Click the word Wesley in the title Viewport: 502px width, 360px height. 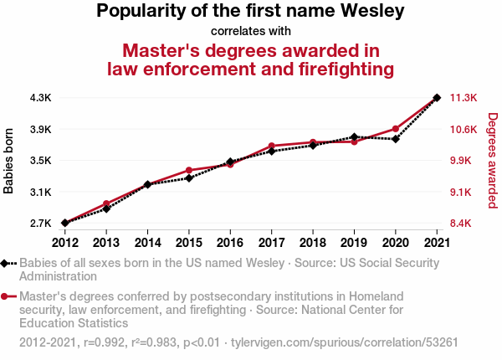point(372,11)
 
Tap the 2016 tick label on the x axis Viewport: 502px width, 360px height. point(230,243)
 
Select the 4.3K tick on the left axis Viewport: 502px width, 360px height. point(41,98)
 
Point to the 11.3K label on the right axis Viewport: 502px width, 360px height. point(464,98)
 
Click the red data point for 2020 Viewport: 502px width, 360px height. point(396,129)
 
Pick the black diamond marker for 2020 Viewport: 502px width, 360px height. point(396,139)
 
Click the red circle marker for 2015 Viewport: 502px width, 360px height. point(189,170)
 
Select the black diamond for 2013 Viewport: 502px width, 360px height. point(106,208)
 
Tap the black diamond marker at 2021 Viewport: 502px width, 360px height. point(437,98)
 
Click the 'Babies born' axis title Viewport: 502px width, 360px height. point(8,161)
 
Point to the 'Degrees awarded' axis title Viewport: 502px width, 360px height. point(493,161)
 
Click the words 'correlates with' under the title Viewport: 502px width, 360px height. point(251,31)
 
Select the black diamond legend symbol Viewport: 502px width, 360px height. point(4,263)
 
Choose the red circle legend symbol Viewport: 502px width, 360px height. point(4,296)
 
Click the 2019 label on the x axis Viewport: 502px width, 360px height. point(354,243)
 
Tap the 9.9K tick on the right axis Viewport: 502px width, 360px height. point(460,161)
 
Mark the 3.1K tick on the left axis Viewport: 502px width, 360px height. point(41,193)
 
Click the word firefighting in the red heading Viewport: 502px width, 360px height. point(346,69)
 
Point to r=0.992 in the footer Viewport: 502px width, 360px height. point(104,342)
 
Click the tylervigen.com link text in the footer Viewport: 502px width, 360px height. point(345,342)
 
